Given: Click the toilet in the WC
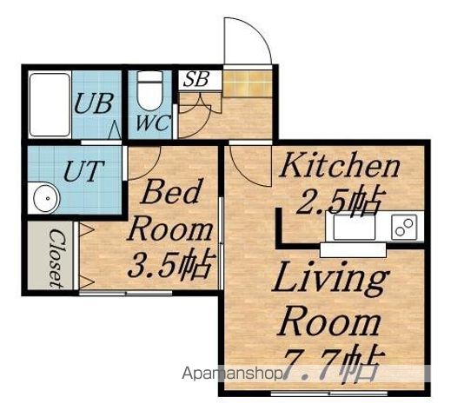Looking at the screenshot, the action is pyautogui.click(x=150, y=90).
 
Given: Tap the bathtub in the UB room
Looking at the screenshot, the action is pyautogui.click(x=50, y=105).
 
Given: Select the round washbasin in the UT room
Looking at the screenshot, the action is pyautogui.click(x=46, y=198).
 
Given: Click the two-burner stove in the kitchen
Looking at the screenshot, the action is pyautogui.click(x=404, y=227).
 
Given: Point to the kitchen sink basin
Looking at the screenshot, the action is pyautogui.click(x=355, y=228).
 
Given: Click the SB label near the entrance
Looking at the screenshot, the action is pyautogui.click(x=196, y=79).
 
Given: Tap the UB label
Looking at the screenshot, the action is pyautogui.click(x=94, y=103).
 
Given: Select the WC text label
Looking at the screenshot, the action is pyautogui.click(x=153, y=122).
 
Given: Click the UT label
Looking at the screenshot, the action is pyautogui.click(x=83, y=171).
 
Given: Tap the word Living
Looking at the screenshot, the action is pyautogui.click(x=330, y=279).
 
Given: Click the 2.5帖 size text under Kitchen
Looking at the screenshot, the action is pyautogui.click(x=338, y=201).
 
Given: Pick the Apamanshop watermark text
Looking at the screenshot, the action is pyautogui.click(x=232, y=374).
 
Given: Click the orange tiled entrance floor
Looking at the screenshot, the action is pyautogui.click(x=248, y=83).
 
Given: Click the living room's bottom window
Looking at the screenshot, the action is pyautogui.click(x=329, y=394).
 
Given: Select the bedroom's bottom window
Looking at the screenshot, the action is pyautogui.click(x=125, y=293).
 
